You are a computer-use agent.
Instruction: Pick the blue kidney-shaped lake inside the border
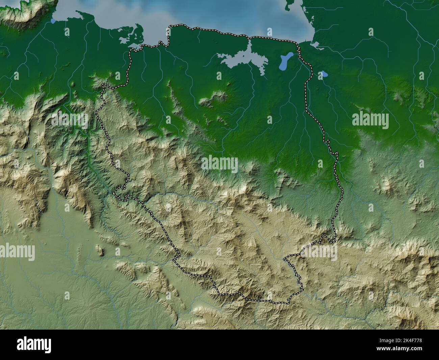pyautogui.click(x=286, y=61)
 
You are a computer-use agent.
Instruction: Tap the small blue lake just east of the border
pyautogui.click(x=324, y=74)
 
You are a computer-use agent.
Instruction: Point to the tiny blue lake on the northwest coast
pyautogui.click(x=53, y=21)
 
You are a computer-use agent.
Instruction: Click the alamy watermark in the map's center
pyautogui.click(x=219, y=164)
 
